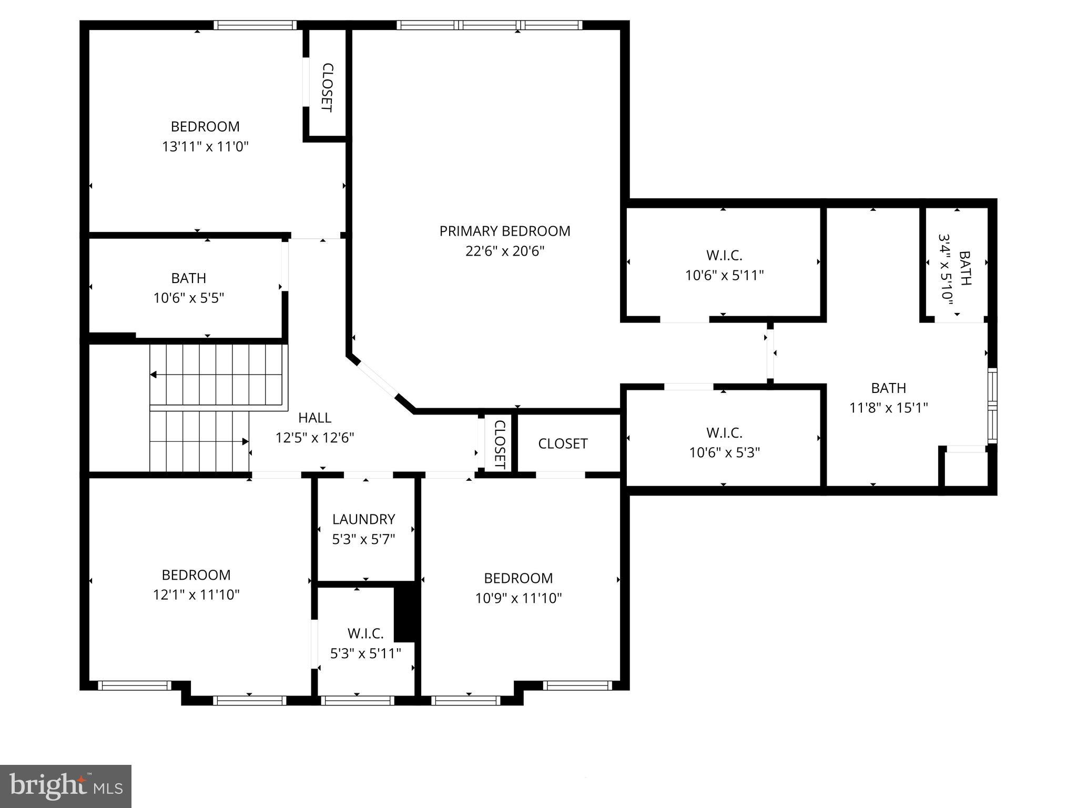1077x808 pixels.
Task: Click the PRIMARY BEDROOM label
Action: coord(504,231)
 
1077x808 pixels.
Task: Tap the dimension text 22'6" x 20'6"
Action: coord(504,251)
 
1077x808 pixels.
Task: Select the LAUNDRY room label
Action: coord(363,519)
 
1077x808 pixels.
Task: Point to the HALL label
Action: coord(314,418)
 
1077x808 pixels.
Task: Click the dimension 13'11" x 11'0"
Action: coord(205,146)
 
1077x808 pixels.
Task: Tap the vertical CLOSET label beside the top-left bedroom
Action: coord(327,87)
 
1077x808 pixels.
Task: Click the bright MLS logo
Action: coord(66,786)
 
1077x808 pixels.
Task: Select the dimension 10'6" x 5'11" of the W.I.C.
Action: coord(724,275)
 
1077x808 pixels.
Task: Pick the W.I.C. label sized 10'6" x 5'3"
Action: coord(724,433)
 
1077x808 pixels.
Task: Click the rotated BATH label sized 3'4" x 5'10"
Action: coord(965,268)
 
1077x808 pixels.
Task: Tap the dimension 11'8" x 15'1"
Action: coord(888,408)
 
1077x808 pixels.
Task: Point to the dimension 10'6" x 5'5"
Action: coord(189,298)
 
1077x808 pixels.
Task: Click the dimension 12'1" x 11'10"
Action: coord(196,595)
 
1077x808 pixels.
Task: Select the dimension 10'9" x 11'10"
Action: coord(518,598)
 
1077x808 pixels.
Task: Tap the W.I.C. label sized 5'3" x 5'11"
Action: coord(365,633)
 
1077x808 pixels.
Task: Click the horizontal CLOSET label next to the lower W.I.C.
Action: coord(563,443)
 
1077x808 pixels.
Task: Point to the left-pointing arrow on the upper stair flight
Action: coord(154,375)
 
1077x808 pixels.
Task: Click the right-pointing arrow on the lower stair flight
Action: coord(245,441)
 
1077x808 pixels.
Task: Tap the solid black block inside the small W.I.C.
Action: coord(404,613)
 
